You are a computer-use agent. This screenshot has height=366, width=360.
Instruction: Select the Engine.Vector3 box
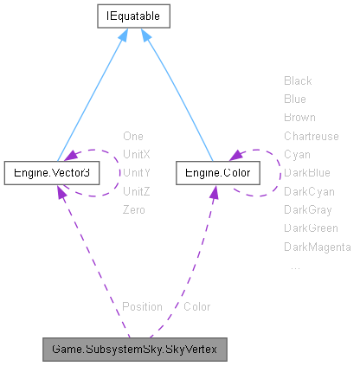coord(52,172)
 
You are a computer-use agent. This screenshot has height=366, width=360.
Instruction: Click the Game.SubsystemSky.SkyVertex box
coord(134,350)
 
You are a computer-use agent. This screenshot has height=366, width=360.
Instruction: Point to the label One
coord(133,136)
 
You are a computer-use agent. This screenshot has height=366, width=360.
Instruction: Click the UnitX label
coord(137,154)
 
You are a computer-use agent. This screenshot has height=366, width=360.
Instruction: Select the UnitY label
coord(137,172)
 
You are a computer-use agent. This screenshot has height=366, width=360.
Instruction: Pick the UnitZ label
coord(137,191)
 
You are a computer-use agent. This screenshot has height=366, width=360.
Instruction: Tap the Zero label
coord(134,209)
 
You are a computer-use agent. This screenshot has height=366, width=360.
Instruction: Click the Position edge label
coord(142,306)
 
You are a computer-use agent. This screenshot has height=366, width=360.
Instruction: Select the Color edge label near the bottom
coord(196,306)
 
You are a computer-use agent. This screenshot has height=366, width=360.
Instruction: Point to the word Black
coord(298,80)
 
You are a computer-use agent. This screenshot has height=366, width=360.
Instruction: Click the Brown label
coord(299,117)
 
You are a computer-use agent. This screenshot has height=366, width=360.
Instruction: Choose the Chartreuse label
coord(312,136)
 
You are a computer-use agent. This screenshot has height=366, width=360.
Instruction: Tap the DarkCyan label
coord(309,191)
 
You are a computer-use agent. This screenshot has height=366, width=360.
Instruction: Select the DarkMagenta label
coord(317,247)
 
